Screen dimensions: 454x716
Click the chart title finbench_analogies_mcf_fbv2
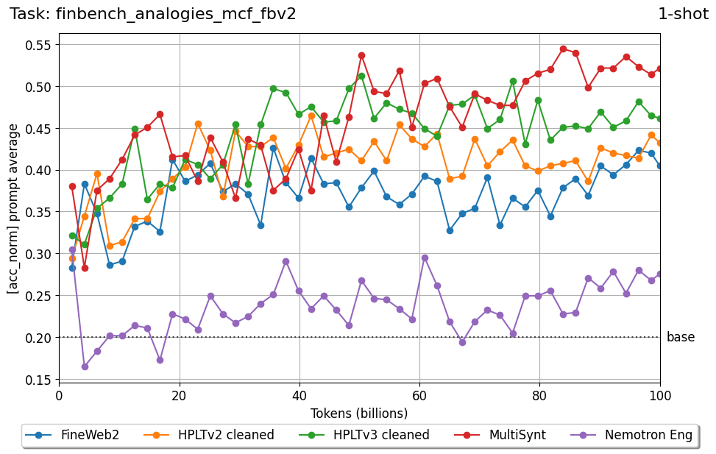tap(153, 14)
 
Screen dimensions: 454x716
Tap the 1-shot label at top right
tap(683, 14)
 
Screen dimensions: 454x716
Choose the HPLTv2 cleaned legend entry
tap(214, 435)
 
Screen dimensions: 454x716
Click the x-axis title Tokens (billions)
tap(359, 414)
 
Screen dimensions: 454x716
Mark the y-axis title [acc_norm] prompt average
tap(13, 209)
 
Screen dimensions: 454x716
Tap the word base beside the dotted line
tap(681, 338)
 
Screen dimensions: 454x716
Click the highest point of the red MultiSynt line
tap(563, 49)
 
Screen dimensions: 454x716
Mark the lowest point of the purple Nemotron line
tap(85, 366)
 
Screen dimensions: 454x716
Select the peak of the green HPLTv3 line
tap(361, 76)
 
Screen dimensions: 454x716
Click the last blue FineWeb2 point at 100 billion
tap(660, 166)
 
